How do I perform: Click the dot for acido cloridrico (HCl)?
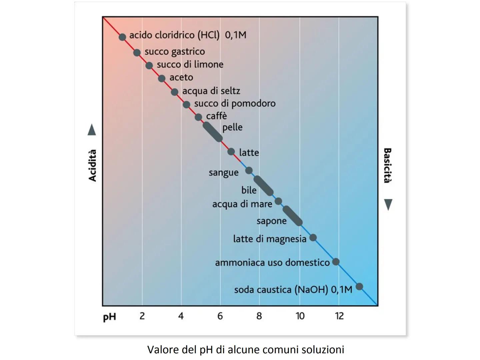pyautogui.click(x=122, y=37)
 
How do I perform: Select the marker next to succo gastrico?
pyautogui.click(x=137, y=53)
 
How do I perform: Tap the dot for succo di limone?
pyautogui.click(x=149, y=65)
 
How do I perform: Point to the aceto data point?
pyautogui.click(x=162, y=78)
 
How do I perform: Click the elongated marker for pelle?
pyautogui.click(x=212, y=132)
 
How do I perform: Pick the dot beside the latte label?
pyautogui.click(x=231, y=152)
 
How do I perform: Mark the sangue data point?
pyautogui.click(x=249, y=171)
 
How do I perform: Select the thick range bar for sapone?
pyautogui.click(x=292, y=216)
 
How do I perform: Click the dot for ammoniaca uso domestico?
pyautogui.click(x=336, y=262)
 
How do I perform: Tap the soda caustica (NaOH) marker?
pyautogui.click(x=359, y=286)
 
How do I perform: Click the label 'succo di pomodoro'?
pyautogui.click(x=235, y=104)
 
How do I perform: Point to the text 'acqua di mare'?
pyautogui.click(x=242, y=204)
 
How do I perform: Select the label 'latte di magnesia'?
pyautogui.click(x=269, y=239)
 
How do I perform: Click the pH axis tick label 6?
pyautogui.click(x=220, y=316)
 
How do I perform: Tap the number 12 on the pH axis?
pyautogui.click(x=339, y=316)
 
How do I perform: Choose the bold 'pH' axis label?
pyautogui.click(x=110, y=317)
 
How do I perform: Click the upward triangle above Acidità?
pyautogui.click(x=92, y=130)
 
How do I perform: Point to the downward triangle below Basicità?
pyautogui.click(x=388, y=204)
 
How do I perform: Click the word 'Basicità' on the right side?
pyautogui.click(x=387, y=166)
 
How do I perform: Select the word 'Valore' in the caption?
pyautogui.click(x=163, y=350)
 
